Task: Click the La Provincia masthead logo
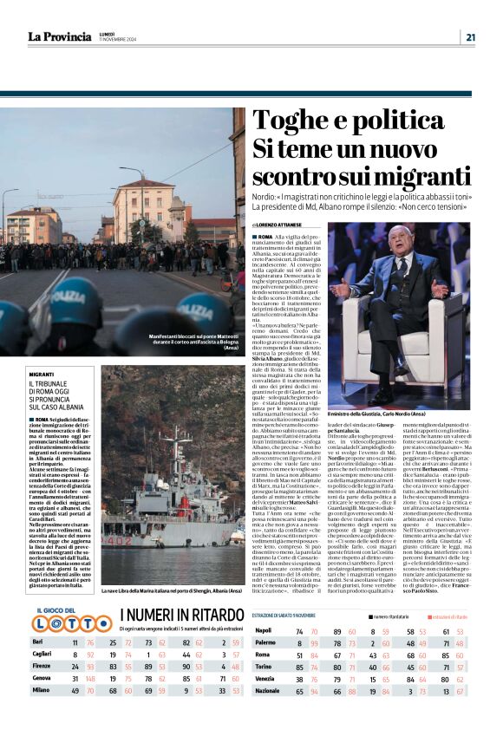click(x=59, y=36)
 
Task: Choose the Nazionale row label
click(x=270, y=715)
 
